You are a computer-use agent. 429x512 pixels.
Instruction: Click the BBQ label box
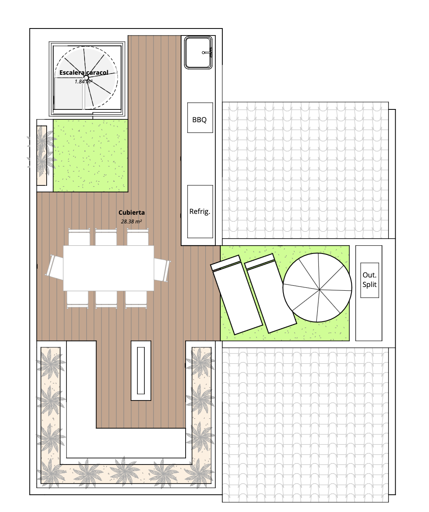click(x=200, y=118)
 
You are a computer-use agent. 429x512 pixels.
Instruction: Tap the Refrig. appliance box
click(x=200, y=211)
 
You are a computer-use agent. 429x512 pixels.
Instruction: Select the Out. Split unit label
click(x=370, y=280)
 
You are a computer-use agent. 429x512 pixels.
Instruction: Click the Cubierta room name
click(x=132, y=213)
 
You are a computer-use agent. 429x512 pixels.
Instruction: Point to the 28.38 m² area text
click(x=131, y=222)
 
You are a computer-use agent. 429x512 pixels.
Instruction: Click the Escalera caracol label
click(x=84, y=73)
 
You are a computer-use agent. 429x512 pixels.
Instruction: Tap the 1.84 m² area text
click(x=84, y=82)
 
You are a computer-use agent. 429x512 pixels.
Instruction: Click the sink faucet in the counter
click(x=207, y=52)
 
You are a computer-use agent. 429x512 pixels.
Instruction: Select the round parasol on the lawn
click(x=317, y=287)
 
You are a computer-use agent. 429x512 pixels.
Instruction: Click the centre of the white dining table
click(x=108, y=268)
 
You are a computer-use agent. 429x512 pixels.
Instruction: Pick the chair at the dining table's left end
click(x=55, y=267)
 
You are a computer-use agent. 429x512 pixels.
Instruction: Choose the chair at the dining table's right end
click(x=162, y=270)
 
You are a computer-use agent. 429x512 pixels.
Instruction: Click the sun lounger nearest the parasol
click(x=271, y=293)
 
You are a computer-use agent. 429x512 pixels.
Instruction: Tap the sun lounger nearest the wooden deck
click(x=236, y=295)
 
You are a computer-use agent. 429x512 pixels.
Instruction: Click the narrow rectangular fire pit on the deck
click(x=141, y=370)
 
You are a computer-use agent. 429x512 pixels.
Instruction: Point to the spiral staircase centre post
click(x=86, y=78)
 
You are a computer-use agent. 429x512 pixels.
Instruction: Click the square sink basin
click(x=198, y=53)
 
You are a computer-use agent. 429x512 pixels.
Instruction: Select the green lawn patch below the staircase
click(x=90, y=156)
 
